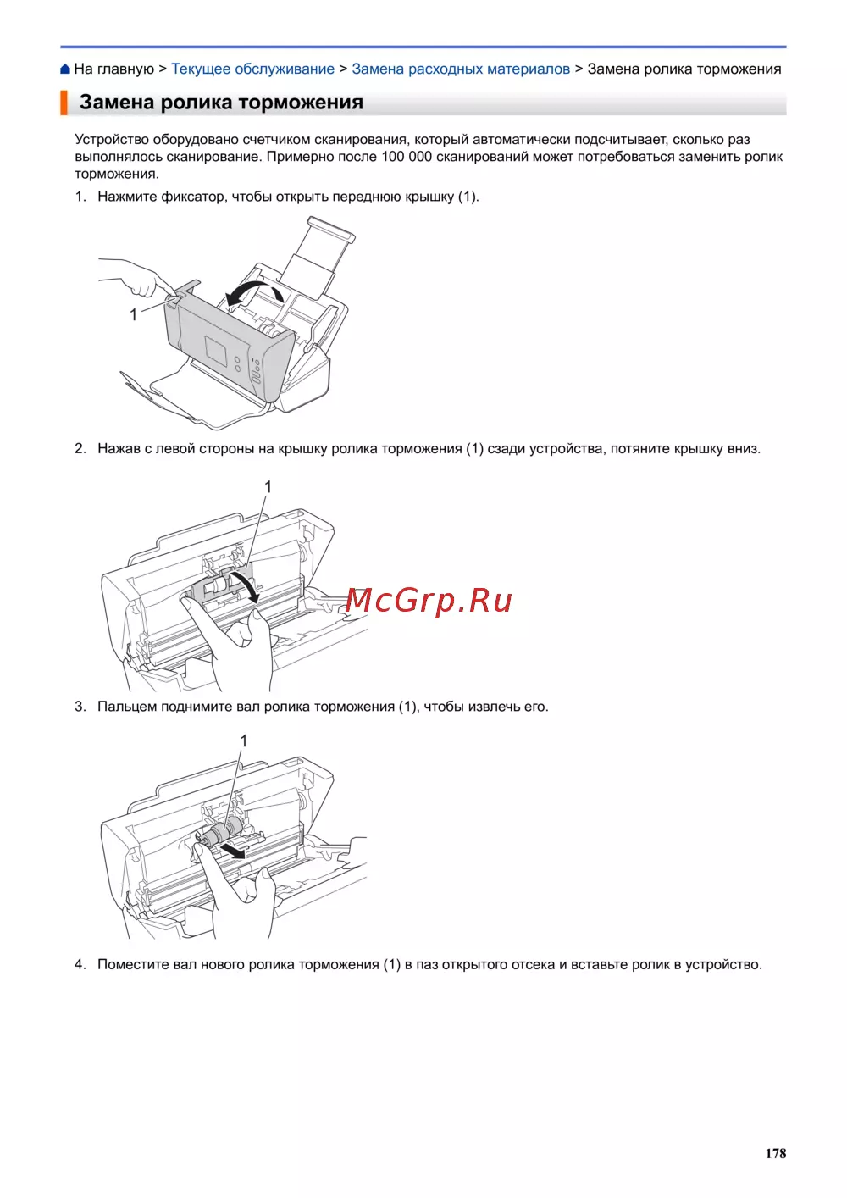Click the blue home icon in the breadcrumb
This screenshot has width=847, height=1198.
[x=64, y=69]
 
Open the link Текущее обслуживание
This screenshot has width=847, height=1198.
[x=252, y=69]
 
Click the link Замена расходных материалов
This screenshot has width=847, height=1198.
[x=461, y=69]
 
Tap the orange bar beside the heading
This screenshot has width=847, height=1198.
[x=64, y=103]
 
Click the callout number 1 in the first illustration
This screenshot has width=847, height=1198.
[x=134, y=314]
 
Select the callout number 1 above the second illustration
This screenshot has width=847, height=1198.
[x=268, y=486]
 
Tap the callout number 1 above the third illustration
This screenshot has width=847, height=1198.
[x=244, y=740]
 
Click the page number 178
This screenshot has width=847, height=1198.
[x=776, y=1153]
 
